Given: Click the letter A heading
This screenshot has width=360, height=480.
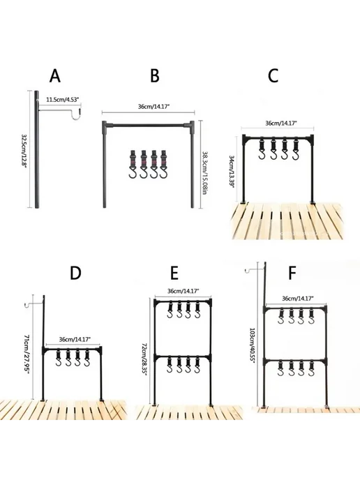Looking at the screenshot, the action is click(55, 76).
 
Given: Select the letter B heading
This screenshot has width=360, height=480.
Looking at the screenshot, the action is click(155, 75).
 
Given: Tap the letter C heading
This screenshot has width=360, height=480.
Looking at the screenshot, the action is click(273, 75).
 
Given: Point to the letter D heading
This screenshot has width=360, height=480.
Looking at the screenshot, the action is click(75, 273).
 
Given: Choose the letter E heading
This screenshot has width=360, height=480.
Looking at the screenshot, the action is click(174, 273).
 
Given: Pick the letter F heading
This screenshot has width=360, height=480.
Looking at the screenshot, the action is click(292, 273).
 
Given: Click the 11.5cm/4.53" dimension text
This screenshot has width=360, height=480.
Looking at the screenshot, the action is click(62, 99).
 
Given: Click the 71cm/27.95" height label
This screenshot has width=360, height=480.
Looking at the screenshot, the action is click(27, 355).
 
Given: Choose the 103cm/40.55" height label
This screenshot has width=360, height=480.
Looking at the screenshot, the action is click(252, 345).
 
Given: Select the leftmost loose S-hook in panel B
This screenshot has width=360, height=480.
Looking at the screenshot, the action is click(133, 165).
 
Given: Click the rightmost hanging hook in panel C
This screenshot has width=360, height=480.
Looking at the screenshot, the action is click(295, 150).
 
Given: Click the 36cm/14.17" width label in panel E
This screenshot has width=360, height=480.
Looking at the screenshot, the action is click(183, 291).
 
